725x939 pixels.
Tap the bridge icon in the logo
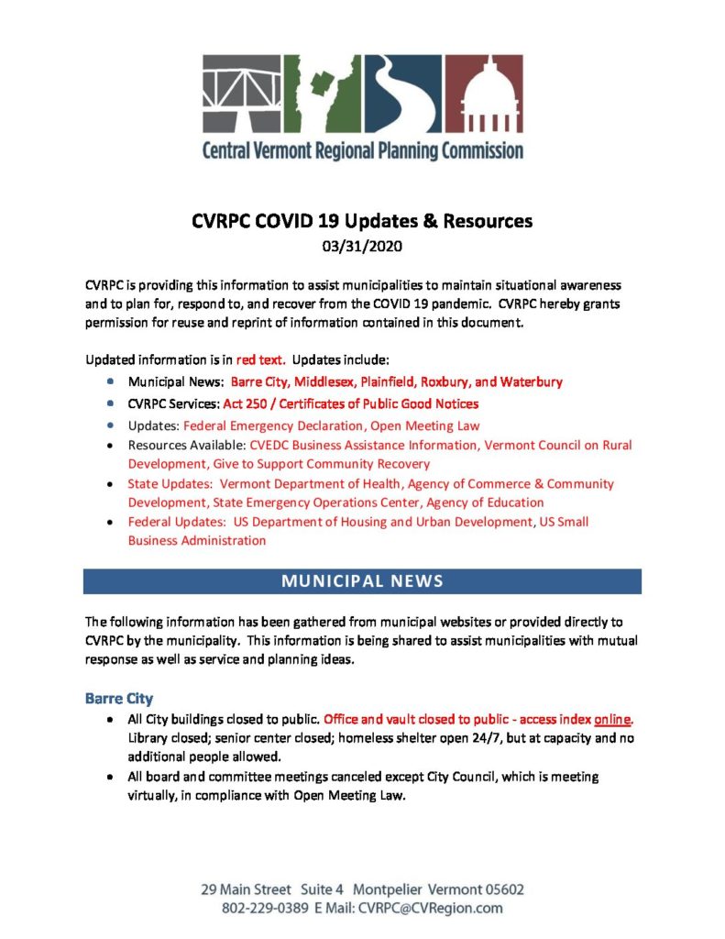click(241, 94)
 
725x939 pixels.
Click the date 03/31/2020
click(362, 246)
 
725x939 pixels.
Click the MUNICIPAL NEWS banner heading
click(362, 581)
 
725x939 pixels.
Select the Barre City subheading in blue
click(119, 699)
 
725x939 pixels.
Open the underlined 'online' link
click(613, 718)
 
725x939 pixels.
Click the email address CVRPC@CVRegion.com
click(430, 908)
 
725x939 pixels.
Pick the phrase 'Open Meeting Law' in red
click(424, 425)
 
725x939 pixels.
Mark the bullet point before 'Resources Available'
click(111, 445)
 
